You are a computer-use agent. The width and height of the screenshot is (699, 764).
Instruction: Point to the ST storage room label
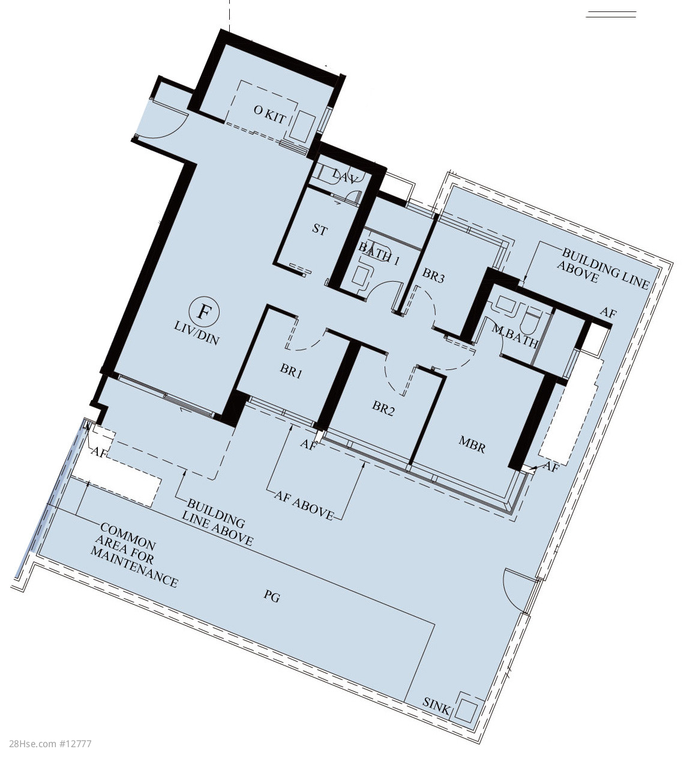[320, 229]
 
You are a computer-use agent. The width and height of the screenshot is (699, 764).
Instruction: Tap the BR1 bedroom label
[291, 370]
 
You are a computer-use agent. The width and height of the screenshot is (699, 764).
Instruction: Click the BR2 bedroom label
[383, 409]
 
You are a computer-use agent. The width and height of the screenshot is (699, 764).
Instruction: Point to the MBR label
[472, 445]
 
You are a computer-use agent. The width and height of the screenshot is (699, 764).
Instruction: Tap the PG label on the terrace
[272, 597]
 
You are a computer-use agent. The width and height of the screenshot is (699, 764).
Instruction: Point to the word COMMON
[128, 536]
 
